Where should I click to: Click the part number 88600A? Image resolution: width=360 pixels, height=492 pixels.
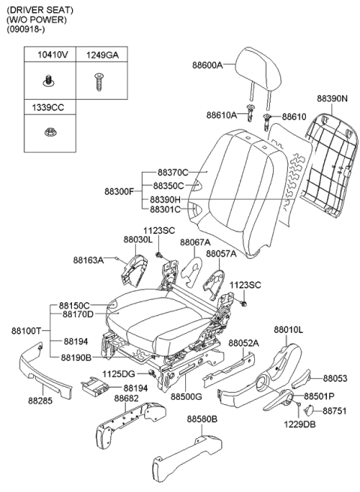[207, 65]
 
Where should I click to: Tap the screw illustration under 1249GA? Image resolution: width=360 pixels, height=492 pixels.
[99, 82]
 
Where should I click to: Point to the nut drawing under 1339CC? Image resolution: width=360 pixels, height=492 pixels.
[49, 132]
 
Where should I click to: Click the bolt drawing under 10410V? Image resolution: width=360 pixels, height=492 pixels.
[48, 80]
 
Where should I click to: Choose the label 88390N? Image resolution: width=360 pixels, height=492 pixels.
[332, 98]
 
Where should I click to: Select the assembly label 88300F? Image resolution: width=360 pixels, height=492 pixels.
[119, 191]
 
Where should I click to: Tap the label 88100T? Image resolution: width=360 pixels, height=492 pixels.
[26, 331]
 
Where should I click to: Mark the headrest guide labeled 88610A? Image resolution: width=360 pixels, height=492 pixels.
[250, 113]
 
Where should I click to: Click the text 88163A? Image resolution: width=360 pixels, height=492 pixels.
[88, 259]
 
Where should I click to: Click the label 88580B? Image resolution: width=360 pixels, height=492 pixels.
[202, 418]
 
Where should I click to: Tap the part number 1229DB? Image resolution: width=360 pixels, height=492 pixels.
[300, 424]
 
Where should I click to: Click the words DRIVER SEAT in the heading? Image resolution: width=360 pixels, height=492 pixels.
[40, 10]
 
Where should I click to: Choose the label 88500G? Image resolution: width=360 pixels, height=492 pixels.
[187, 397]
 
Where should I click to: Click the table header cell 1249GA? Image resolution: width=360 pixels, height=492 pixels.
[102, 55]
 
